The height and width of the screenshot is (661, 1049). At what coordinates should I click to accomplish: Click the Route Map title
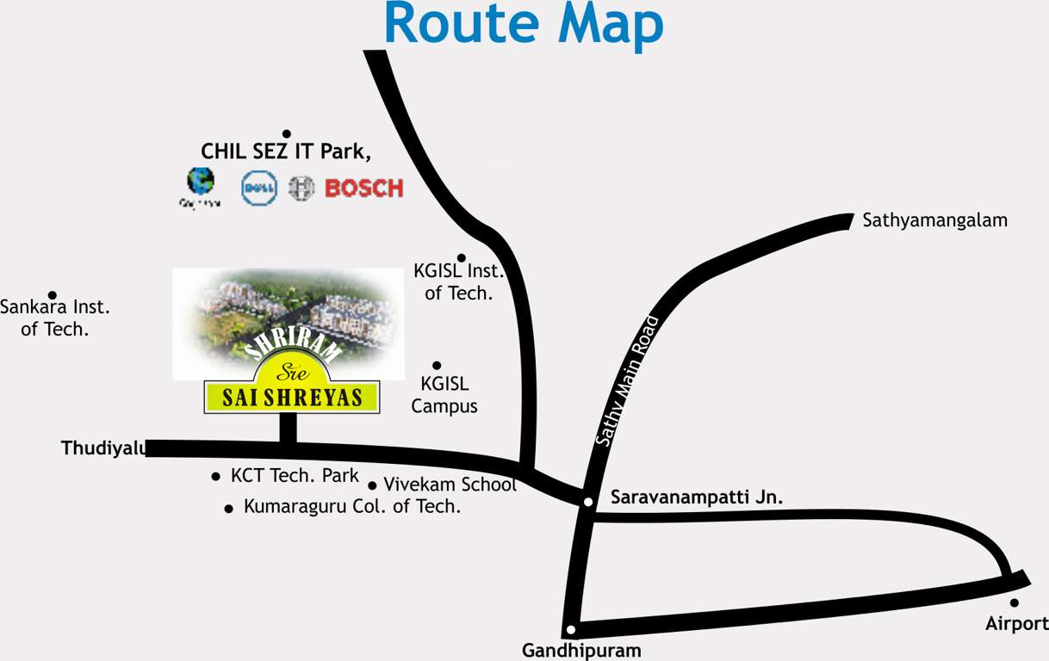524,24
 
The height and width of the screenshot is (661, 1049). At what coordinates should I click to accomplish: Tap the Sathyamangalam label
934,220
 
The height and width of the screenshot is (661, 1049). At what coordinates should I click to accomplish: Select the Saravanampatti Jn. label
696,497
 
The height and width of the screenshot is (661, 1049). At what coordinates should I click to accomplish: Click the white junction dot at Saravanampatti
587,502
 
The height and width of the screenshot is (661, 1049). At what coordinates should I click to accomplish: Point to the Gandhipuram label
581,651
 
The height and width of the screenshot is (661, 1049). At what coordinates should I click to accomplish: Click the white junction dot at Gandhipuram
570,629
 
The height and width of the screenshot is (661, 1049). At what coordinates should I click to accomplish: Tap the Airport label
1016,624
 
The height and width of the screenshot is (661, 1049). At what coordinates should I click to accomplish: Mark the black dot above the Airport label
1014,602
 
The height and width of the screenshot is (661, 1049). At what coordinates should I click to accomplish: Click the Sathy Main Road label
627,381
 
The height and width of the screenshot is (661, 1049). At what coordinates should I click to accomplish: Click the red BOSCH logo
363,188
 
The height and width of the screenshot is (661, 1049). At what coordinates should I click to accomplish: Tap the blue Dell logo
258,188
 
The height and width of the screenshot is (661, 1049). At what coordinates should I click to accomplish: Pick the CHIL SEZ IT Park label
286,151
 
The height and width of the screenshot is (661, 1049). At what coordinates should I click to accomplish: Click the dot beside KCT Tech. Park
215,477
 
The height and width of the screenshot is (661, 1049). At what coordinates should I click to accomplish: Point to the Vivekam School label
450,485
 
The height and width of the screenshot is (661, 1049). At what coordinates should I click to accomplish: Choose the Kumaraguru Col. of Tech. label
352,507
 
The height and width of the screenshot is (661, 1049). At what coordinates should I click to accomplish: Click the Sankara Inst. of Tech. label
55,317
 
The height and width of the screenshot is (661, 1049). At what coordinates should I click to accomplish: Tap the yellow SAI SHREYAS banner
292,397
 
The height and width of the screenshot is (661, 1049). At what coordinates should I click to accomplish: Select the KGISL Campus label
444,395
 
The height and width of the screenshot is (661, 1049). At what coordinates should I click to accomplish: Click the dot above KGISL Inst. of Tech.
461,257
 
